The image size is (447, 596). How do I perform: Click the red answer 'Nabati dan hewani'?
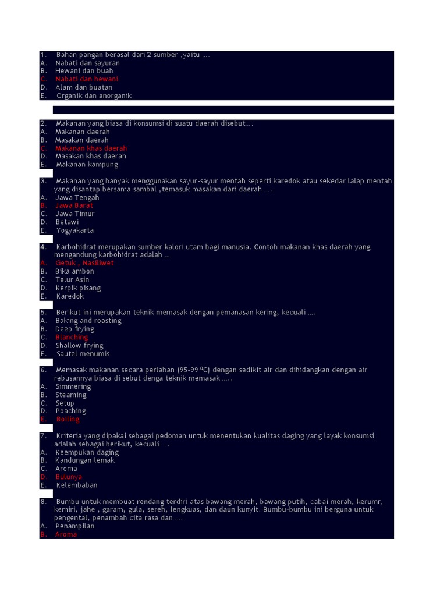coord(87,79)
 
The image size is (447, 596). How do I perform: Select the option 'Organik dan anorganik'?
coord(94,96)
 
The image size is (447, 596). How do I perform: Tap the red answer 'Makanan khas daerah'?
coord(91,148)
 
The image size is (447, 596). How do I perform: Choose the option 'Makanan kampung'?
coord(87,165)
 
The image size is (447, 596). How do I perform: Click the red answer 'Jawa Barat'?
coord(74,205)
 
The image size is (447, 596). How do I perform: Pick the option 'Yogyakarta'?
coord(75,230)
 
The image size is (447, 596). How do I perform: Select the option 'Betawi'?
coord(67,222)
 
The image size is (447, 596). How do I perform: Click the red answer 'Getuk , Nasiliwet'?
coord(85,263)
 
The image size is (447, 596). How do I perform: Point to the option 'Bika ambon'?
coord(74,271)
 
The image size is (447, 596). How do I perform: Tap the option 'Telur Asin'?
coord(73,279)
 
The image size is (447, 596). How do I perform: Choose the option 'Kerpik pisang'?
coord(78,288)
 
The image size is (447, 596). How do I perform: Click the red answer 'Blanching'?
coord(72,338)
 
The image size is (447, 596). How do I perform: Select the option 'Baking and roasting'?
coord(88,321)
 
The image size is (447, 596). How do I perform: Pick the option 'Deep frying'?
coord(74,329)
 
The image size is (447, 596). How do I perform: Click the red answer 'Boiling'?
coord(68,420)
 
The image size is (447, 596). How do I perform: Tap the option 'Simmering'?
coord(73,386)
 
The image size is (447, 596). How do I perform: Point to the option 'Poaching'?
coord(71,411)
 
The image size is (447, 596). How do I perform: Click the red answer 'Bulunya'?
coord(69,477)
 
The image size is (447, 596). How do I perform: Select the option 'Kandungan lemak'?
coord(85,460)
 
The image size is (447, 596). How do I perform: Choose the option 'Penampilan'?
coord(75,526)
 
